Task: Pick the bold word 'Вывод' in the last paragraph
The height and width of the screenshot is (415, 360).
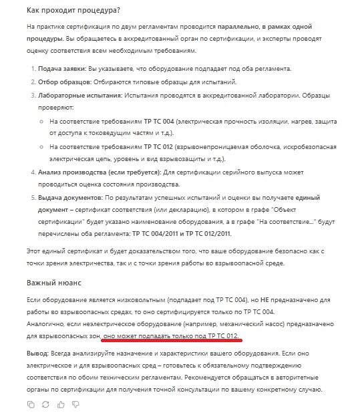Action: point(39,352)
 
